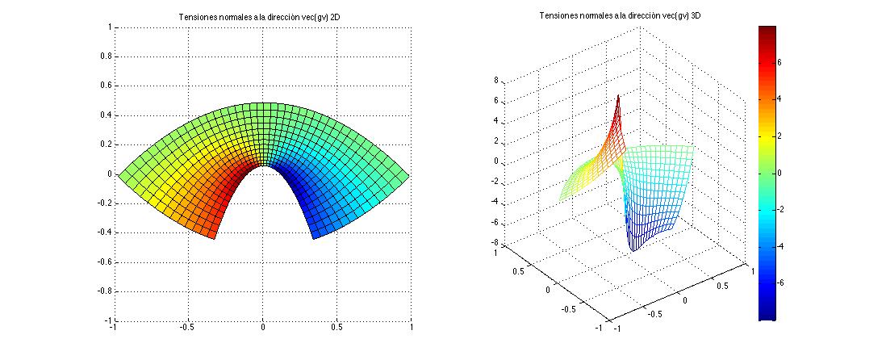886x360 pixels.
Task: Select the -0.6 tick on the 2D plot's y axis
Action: click(x=102, y=262)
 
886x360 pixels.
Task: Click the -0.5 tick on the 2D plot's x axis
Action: click(x=187, y=329)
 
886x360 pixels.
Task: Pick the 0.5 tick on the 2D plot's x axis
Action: click(x=337, y=329)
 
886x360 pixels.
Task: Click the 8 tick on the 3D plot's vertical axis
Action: click(x=497, y=81)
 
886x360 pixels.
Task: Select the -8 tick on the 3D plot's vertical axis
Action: click(x=495, y=243)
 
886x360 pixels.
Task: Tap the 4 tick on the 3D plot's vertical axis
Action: click(x=497, y=121)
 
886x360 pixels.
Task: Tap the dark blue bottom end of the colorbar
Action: click(x=767, y=317)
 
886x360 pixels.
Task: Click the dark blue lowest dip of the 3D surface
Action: click(x=633, y=249)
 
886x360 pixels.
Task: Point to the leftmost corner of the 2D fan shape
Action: click(x=119, y=174)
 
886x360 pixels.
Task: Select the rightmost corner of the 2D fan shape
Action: click(x=409, y=174)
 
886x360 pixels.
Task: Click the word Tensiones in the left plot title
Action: click(x=197, y=17)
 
